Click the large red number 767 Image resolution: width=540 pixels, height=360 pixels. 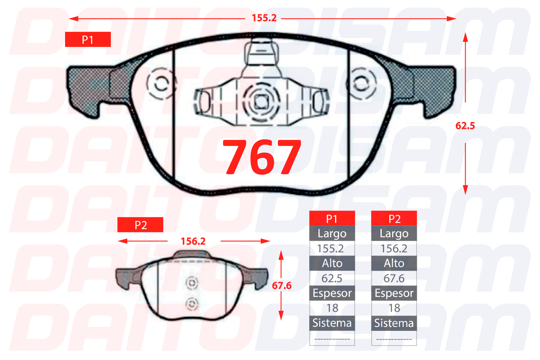[262, 157]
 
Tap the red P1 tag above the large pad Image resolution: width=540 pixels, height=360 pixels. [88, 39]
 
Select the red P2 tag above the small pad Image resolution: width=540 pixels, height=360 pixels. [140, 225]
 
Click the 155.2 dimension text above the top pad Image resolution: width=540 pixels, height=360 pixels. [264, 18]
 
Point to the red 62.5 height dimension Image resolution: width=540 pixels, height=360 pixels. [465, 126]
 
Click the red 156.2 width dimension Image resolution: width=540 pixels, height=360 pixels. [193, 241]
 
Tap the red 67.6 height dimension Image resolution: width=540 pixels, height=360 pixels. [282, 286]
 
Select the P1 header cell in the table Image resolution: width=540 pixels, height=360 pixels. [332, 218]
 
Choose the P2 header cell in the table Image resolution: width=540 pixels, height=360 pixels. [394, 218]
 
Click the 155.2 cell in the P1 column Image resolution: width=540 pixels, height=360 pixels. [330, 249]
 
